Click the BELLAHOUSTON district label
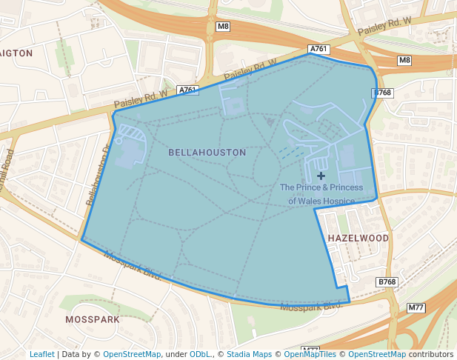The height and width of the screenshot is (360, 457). tap(207, 152)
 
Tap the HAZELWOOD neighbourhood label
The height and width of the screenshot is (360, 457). tap(358, 238)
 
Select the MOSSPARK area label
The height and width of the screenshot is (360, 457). tap(93, 319)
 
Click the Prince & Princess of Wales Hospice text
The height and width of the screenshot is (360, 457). tap(321, 193)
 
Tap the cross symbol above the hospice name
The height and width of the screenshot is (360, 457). tap(321, 176)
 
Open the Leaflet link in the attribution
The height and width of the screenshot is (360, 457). tap(42, 354)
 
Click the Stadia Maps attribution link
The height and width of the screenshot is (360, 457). tap(249, 354)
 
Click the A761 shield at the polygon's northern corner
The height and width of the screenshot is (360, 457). tap(318, 49)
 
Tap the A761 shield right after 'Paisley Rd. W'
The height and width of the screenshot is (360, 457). tap(188, 90)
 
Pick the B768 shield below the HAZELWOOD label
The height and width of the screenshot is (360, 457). tap(387, 282)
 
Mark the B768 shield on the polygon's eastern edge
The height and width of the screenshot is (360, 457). tap(382, 93)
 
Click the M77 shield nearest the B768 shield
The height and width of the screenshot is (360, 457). tap(416, 307)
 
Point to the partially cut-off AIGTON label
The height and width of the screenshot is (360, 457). tap(16, 53)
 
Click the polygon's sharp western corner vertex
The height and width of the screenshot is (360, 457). tap(81, 240)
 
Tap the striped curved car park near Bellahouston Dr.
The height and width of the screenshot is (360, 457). tap(130, 134)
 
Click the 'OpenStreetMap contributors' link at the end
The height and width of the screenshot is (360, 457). tap(400, 354)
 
